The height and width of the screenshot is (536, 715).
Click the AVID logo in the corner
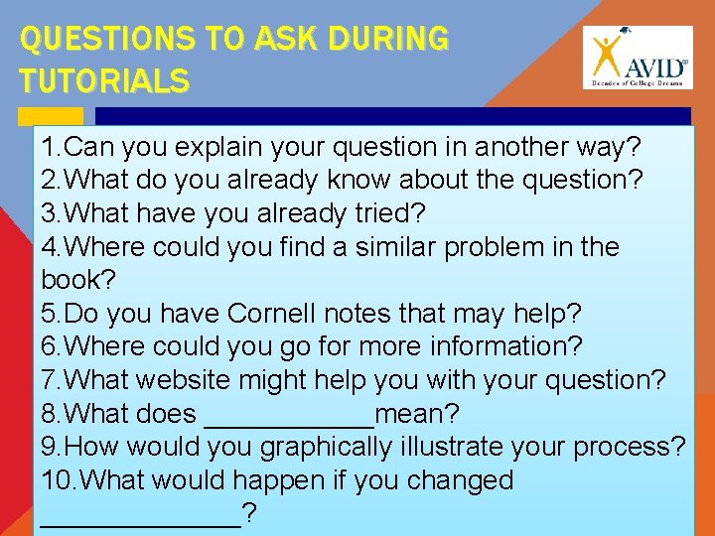tap(638, 58)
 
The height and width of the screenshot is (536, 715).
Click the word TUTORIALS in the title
tap(103, 80)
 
